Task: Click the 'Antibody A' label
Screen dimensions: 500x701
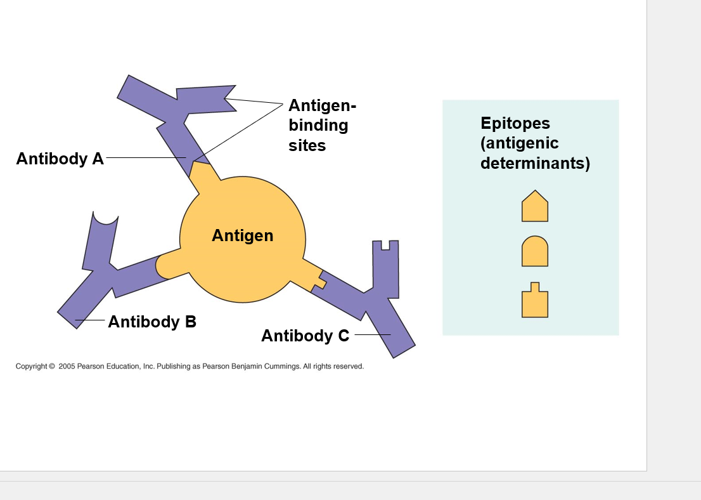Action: click(x=60, y=159)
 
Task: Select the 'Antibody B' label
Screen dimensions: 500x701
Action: click(x=152, y=322)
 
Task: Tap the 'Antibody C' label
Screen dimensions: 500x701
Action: click(x=305, y=336)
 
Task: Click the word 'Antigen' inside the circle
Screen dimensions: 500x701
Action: click(x=242, y=235)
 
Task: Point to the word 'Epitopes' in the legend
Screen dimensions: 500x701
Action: click(x=515, y=123)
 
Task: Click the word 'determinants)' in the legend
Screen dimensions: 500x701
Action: click(x=535, y=163)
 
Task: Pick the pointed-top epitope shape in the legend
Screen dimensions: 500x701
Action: click(x=534, y=207)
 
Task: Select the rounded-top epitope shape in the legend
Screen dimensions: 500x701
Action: click(x=534, y=251)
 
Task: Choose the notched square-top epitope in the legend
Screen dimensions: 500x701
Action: click(x=534, y=301)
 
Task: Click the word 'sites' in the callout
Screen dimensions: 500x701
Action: click(x=307, y=145)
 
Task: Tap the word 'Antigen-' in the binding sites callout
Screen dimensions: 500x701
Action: click(x=322, y=105)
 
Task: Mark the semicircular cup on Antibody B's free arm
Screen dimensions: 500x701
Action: click(x=106, y=219)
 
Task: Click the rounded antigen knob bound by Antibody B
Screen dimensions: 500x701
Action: click(x=166, y=266)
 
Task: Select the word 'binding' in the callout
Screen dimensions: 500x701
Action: click(x=318, y=125)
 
